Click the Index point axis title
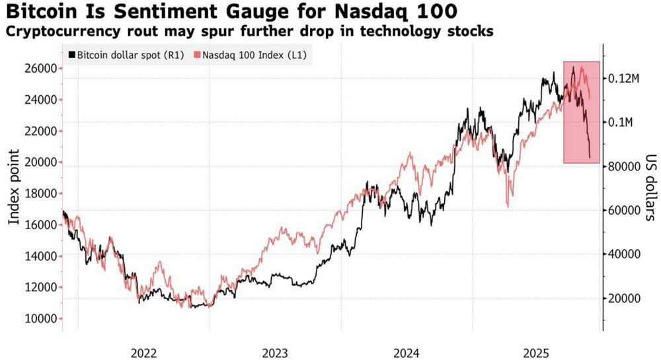pos(14,187)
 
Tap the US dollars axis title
pos(648,188)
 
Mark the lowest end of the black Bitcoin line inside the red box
pos(590,157)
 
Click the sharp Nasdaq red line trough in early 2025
pos(507,207)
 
